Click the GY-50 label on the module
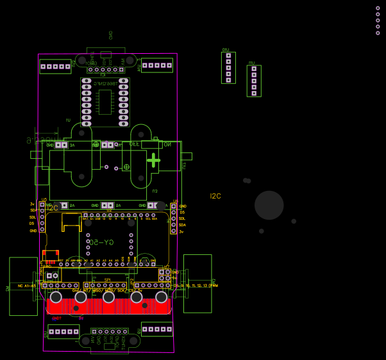(103, 242)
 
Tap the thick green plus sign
(153, 160)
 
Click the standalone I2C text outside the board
(215, 196)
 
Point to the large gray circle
(269, 205)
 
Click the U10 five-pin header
(228, 68)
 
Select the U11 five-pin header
(254, 81)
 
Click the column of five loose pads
(378, 20)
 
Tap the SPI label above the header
(107, 279)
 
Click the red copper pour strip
(109, 307)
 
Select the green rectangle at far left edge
(23, 286)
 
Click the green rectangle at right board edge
(197, 283)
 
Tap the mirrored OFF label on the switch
(135, 145)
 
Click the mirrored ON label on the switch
(167, 145)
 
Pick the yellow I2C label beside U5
(53, 208)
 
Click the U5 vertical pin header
(42, 217)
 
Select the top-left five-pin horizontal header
(55, 66)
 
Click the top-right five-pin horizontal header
(157, 65)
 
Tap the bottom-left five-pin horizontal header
(63, 331)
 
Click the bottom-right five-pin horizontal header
(157, 329)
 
